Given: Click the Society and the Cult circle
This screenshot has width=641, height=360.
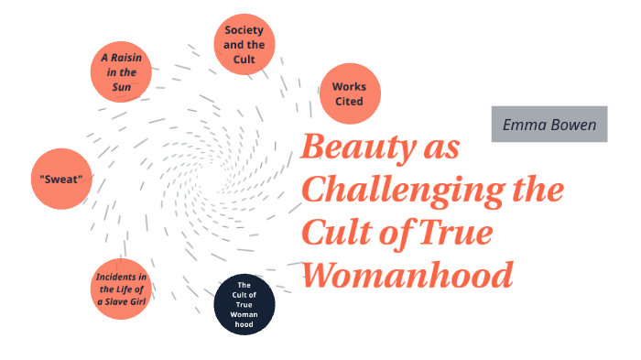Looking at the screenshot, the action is pos(244,43).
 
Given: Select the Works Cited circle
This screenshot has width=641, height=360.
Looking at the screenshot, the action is pos(350,93).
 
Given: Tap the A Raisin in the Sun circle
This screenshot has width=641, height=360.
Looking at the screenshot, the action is pos(121,71).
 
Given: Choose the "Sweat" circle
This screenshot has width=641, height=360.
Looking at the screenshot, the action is pos(62,179).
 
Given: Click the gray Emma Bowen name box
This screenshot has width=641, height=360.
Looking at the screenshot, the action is pos(549,124).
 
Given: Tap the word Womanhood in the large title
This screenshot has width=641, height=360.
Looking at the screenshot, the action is pos(407,273).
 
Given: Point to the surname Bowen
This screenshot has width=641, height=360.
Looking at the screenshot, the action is pos(573,124).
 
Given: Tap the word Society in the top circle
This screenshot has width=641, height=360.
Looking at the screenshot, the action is pos(244,29).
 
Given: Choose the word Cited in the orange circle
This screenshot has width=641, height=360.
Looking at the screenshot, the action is pos(350,102).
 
